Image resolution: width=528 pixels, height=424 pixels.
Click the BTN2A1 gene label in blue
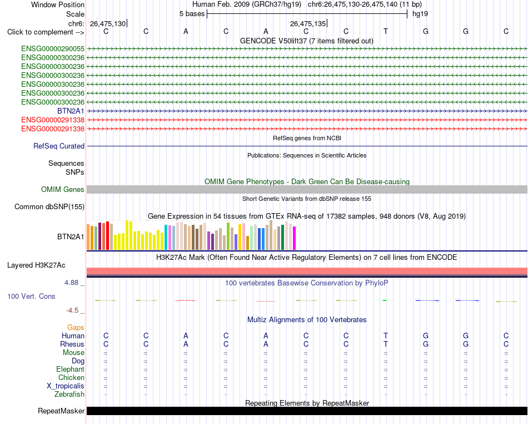click(71, 111)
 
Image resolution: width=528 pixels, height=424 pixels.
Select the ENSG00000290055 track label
click(53, 49)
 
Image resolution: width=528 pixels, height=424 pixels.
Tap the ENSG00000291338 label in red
click(53, 120)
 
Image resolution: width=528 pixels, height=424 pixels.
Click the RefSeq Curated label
click(59, 146)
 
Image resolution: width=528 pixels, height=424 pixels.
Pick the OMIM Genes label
click(63, 189)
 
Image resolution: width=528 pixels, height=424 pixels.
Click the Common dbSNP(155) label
click(49, 206)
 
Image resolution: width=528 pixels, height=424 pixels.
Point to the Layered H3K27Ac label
click(36, 265)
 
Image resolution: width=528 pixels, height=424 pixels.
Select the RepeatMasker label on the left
click(61, 411)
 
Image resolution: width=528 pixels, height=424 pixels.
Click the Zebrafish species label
click(69, 394)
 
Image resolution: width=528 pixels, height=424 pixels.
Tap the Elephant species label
click(71, 369)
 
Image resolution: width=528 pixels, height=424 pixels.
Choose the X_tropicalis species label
click(66, 386)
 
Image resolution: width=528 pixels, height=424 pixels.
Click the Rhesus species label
click(72, 344)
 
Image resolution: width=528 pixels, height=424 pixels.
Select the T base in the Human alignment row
click(386, 336)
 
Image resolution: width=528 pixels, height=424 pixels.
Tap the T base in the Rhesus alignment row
click(386, 344)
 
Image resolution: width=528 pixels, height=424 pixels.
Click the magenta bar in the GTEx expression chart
click(295, 238)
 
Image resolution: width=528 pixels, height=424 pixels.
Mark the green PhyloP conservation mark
click(385, 300)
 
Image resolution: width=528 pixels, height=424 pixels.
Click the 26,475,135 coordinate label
click(308, 23)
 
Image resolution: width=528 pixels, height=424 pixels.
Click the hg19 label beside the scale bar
click(420, 14)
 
